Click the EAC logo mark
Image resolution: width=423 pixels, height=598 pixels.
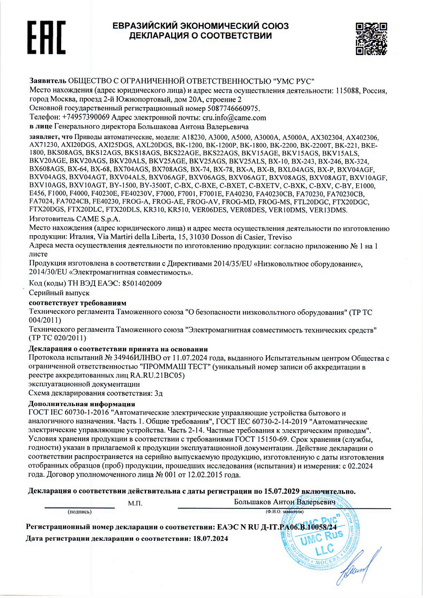click(46, 38)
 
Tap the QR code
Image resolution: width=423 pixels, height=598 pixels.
click(371, 39)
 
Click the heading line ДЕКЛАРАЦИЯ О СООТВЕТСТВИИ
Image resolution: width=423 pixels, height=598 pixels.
click(200, 36)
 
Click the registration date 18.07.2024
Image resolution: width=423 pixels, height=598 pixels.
click(211, 539)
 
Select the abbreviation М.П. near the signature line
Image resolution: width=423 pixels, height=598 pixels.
click(135, 503)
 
